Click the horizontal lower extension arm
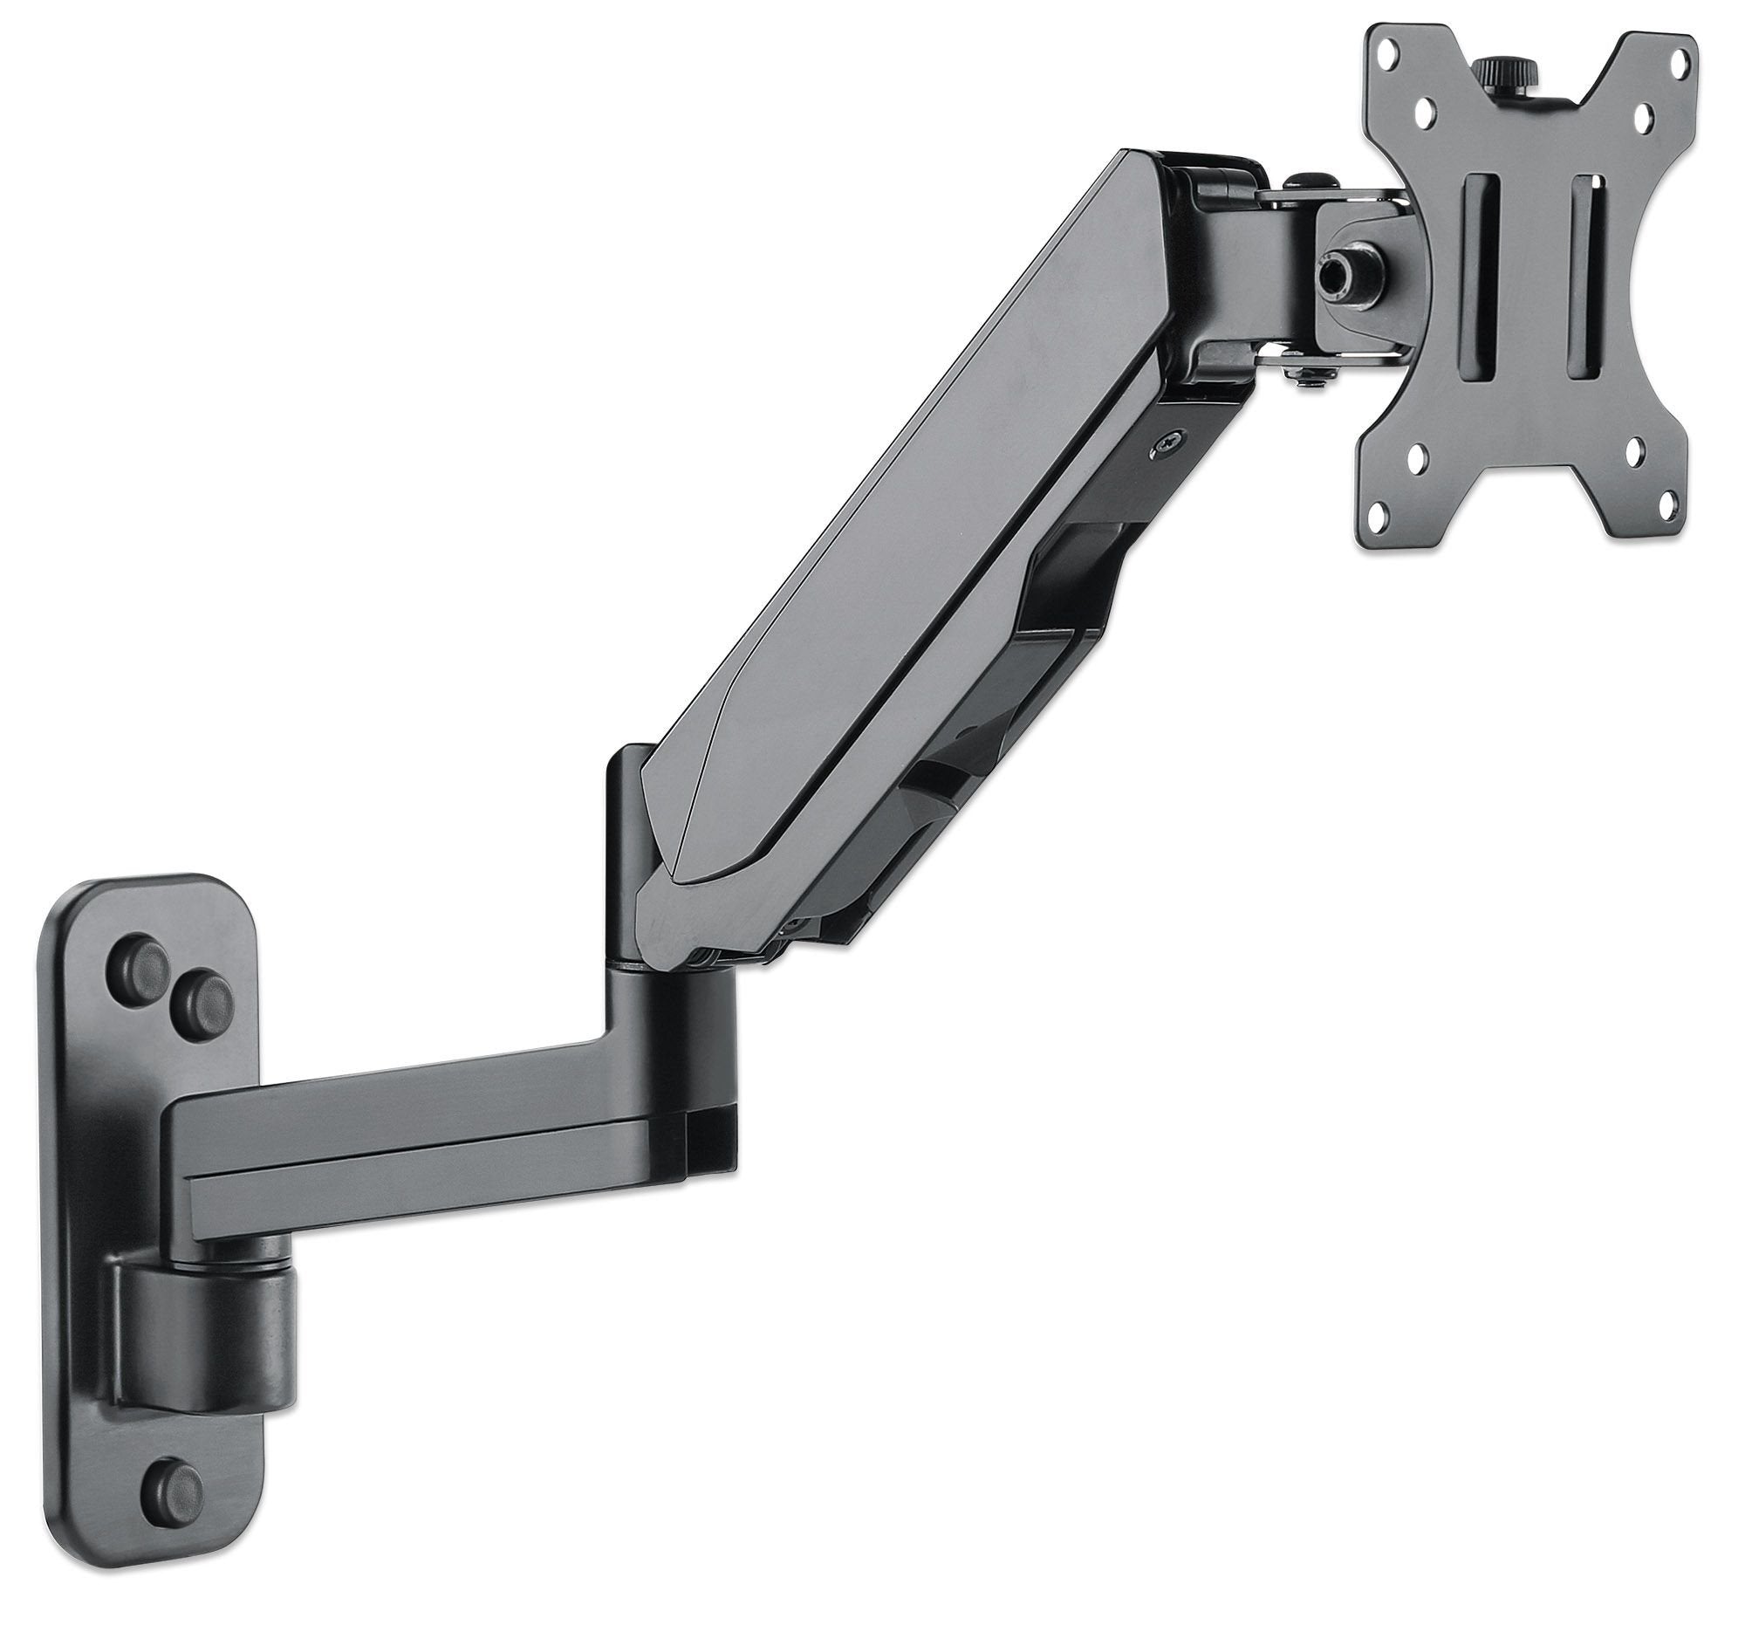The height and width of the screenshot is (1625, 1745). pyautogui.click(x=421, y=1142)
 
